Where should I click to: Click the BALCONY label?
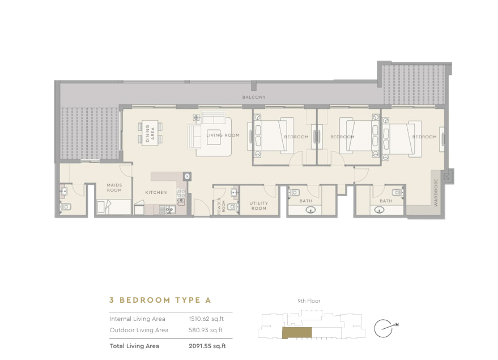point(254,98)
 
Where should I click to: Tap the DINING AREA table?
point(150,133)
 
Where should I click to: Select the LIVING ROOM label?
point(223,135)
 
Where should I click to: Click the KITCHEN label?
point(156,192)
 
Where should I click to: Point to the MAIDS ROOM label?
point(114,188)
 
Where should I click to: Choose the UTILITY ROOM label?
point(258,206)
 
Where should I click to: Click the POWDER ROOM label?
point(221,206)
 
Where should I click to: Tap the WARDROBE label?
point(436,193)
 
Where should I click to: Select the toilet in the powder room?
point(233,207)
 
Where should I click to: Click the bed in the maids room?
point(114,206)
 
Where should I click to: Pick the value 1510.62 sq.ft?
point(206,319)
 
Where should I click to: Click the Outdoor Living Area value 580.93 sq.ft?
point(206,330)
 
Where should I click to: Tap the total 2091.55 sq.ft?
point(207,346)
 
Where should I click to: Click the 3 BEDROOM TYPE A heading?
point(160,300)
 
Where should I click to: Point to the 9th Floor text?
point(309,301)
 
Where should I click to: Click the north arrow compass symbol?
point(386,328)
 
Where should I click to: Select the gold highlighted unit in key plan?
point(297,333)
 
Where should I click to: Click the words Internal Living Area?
point(138,319)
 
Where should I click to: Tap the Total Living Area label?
point(134,346)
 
